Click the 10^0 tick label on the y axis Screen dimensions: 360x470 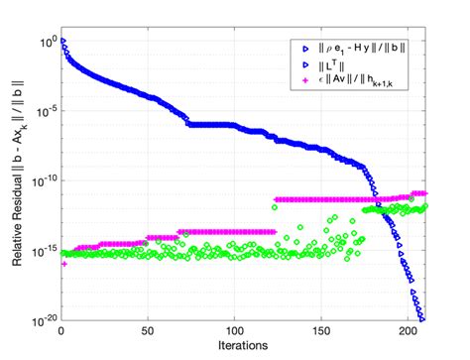coord(44,41)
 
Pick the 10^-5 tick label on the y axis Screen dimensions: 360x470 coord(43,110)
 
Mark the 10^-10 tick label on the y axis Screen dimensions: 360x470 coord(41,180)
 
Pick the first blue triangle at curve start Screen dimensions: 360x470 coord(63,42)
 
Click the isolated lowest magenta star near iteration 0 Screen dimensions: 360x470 coord(63,264)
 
